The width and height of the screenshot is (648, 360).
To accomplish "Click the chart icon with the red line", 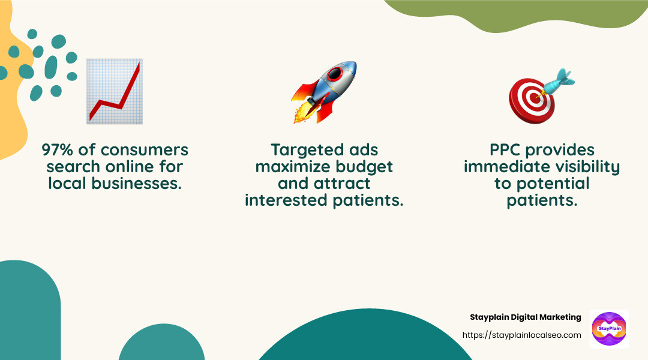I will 115,91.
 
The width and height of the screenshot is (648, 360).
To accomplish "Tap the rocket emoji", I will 325,91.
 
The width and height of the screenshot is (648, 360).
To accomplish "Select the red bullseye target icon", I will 532,98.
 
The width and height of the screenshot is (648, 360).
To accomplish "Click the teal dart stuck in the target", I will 559,81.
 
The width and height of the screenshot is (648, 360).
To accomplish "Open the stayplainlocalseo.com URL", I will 521,335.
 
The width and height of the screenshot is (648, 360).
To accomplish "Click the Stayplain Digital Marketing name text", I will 525,317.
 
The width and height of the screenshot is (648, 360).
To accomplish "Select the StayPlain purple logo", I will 608,329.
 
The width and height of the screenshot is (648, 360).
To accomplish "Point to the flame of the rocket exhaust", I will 301,114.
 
